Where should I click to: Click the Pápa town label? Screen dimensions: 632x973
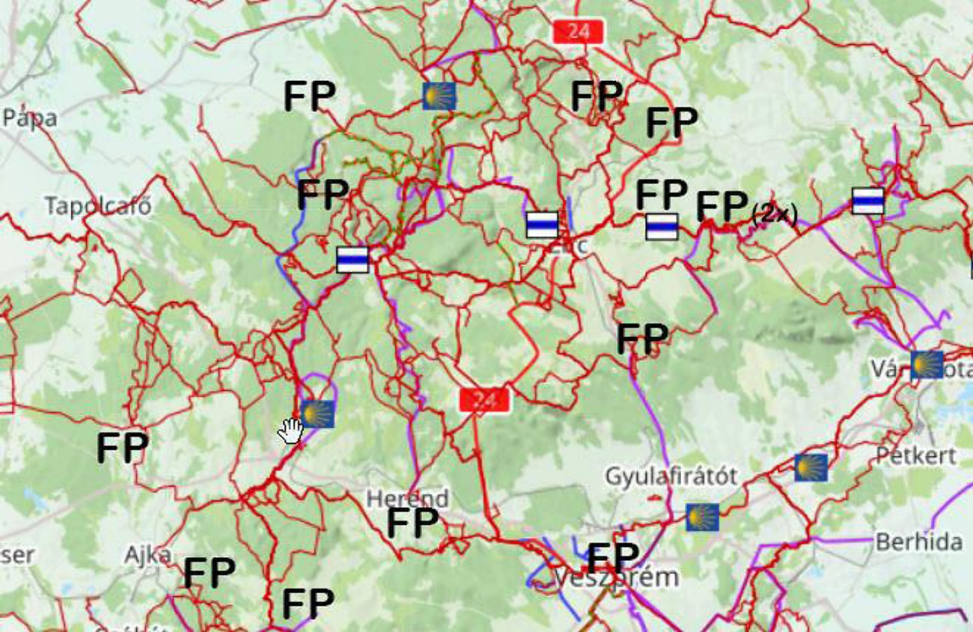[x=30, y=118]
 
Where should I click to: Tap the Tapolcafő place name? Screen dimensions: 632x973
[x=98, y=206]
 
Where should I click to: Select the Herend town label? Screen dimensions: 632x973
[x=407, y=498]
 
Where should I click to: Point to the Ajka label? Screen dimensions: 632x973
[x=147, y=556]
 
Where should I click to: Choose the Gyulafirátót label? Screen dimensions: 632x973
[x=671, y=475]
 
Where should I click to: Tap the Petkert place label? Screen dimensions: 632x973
[x=916, y=455]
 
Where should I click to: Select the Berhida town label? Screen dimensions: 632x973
[x=918, y=541]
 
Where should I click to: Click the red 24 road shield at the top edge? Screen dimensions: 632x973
[x=578, y=31]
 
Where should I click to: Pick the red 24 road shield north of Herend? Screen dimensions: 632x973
[x=484, y=400]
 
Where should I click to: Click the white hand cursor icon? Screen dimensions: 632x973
[x=290, y=431]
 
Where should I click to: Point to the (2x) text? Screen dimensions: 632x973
[x=774, y=215]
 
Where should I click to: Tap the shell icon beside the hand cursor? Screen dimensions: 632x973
[x=317, y=413]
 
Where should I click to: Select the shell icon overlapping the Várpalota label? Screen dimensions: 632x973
[x=927, y=365]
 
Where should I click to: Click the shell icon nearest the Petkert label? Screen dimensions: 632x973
[x=811, y=467]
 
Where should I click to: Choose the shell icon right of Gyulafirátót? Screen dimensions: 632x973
[x=702, y=517]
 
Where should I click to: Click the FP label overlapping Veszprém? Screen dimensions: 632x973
[x=613, y=558]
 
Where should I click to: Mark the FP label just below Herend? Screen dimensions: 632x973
[x=412, y=523]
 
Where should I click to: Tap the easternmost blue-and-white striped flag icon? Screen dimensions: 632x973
[x=867, y=201]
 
